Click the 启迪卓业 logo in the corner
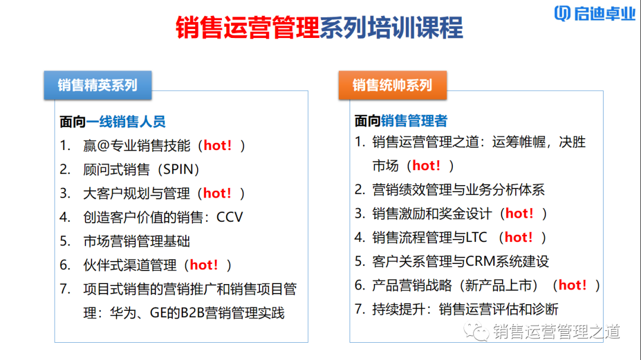594,14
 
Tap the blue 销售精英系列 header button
97,85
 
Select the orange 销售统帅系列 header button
392,85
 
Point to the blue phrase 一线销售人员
126,122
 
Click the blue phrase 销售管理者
414,121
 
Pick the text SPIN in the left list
177,170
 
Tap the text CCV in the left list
230,217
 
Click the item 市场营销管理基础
137,241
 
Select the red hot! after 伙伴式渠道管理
204,265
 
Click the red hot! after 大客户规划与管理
217,193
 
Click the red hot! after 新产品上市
573,285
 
